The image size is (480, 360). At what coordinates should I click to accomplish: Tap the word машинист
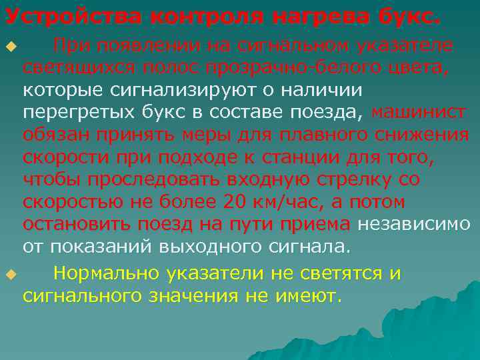[419, 112]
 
